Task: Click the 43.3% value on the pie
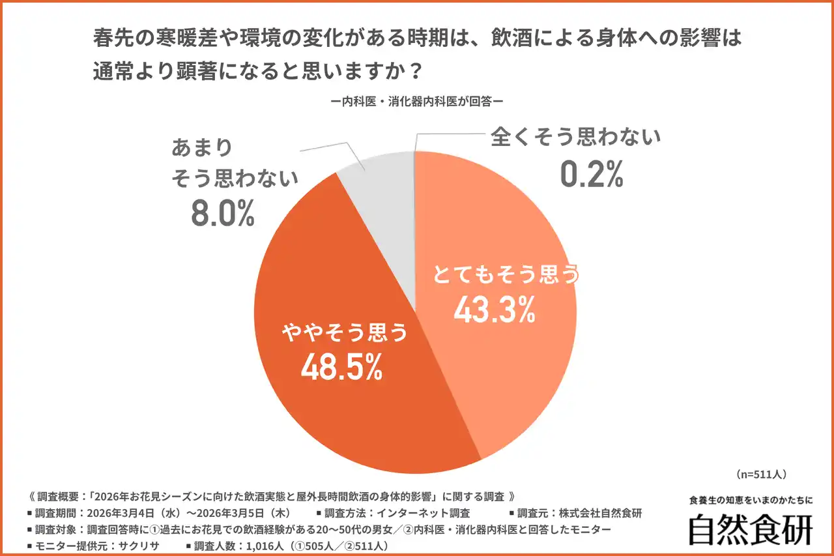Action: tap(494, 310)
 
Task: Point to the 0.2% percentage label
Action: tap(592, 173)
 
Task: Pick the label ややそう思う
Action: tap(344, 334)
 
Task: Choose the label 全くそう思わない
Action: tap(575, 138)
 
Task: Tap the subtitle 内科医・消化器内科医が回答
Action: tap(417, 102)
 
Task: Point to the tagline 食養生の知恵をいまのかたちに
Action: tap(751, 501)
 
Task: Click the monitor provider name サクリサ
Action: tap(136, 545)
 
